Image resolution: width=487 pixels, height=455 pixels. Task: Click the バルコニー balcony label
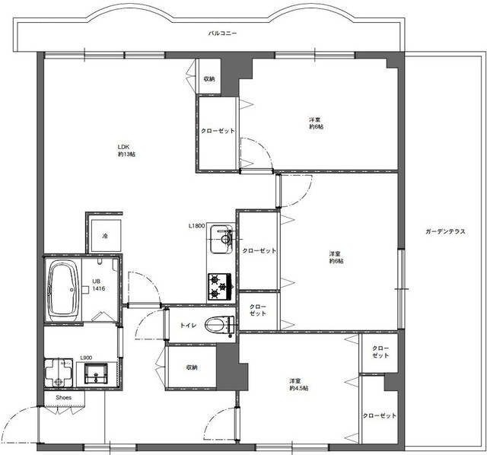[x=222, y=33]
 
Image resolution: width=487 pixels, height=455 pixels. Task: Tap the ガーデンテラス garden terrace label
[x=445, y=232]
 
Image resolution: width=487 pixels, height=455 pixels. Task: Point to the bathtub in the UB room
[x=63, y=288]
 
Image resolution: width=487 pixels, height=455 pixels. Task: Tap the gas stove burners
[x=220, y=286]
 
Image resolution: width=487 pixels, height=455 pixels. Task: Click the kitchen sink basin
[x=221, y=240]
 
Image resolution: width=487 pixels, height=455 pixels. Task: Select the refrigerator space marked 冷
[x=105, y=236]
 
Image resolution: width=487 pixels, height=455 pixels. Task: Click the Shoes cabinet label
[x=64, y=397]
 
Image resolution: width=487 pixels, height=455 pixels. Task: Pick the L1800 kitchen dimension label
[x=197, y=226]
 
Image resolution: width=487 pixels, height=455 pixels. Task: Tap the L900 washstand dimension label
[x=86, y=358]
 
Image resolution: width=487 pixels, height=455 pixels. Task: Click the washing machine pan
[x=59, y=373]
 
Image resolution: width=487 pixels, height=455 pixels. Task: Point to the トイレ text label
[x=188, y=325]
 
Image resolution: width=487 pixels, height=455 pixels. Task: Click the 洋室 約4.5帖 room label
[x=299, y=384]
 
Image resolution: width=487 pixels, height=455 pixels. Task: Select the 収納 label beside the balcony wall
[x=209, y=79]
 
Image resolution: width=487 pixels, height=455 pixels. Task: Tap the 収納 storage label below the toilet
[x=192, y=367]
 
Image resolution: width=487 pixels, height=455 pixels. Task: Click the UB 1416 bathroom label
[x=98, y=285]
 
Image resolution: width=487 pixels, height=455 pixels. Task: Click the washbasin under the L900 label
[x=97, y=374]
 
